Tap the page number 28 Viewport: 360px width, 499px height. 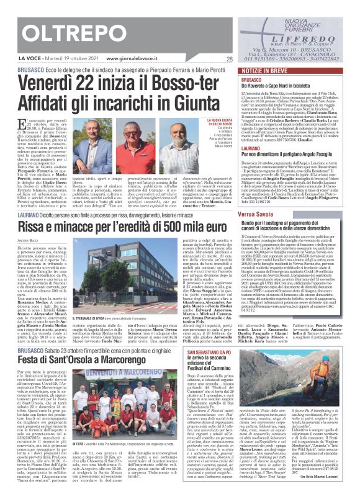click(x=246, y=60)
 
